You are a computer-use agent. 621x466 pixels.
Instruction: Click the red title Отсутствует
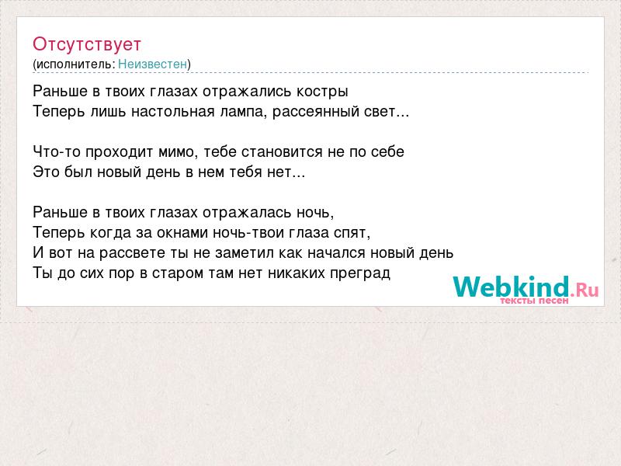(87, 44)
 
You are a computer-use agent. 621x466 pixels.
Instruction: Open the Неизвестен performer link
(152, 64)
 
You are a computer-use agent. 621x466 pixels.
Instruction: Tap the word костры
(322, 92)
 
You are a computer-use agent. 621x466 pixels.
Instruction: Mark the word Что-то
(57, 151)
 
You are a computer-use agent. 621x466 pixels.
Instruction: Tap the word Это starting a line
(46, 172)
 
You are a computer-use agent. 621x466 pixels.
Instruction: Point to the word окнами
(182, 232)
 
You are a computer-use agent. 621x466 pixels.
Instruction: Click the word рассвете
(132, 253)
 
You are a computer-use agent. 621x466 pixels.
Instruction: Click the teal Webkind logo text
(512, 286)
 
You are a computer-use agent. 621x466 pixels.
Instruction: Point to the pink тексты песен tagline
(534, 301)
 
